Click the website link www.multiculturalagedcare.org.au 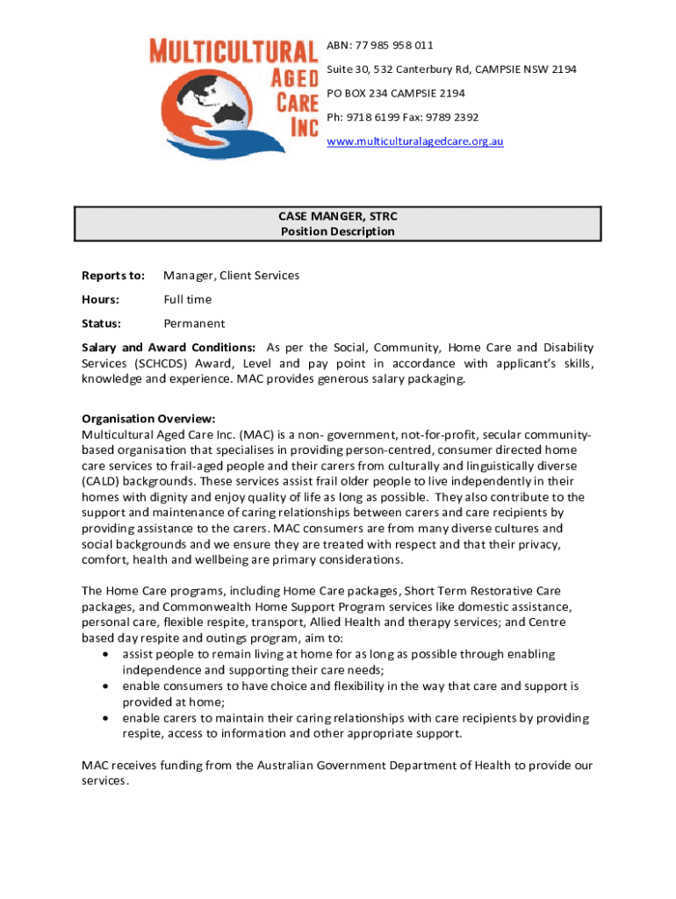tap(414, 141)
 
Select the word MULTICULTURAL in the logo tap(233, 51)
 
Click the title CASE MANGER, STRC tap(338, 216)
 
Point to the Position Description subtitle tap(338, 232)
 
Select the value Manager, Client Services tap(231, 276)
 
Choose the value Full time tap(187, 299)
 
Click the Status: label tap(101, 323)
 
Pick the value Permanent tap(194, 323)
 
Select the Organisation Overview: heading tap(148, 419)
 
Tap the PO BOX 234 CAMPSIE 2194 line tap(396, 93)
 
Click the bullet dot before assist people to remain tap(106, 655)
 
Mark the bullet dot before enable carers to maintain tap(106, 718)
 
